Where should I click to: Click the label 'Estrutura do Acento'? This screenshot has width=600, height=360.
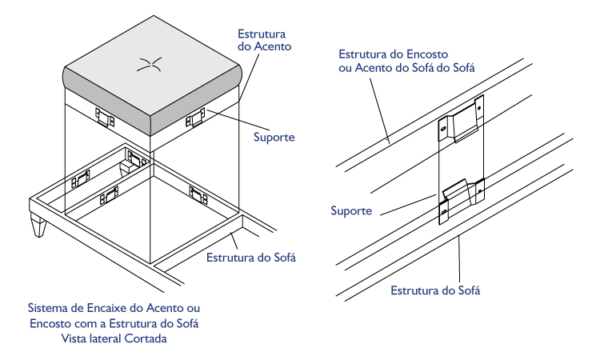click(x=265, y=40)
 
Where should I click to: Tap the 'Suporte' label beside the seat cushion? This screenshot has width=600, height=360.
click(x=274, y=138)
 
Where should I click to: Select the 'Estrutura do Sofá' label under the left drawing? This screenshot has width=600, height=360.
click(x=251, y=258)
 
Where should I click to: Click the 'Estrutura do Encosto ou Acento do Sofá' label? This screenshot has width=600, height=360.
click(x=406, y=61)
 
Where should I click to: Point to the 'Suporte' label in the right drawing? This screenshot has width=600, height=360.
click(x=351, y=210)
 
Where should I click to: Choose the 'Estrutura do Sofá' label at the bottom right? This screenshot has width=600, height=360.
click(x=435, y=290)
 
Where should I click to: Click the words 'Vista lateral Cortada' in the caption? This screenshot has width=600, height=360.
click(x=114, y=338)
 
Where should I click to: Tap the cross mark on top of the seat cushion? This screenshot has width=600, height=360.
click(x=150, y=64)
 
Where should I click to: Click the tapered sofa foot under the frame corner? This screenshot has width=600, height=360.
click(x=38, y=225)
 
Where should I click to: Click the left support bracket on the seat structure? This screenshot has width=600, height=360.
click(x=105, y=117)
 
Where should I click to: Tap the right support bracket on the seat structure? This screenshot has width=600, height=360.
click(x=195, y=118)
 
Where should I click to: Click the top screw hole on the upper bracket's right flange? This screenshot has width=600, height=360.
click(x=478, y=109)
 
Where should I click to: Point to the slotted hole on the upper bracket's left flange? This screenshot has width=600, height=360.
click(x=443, y=130)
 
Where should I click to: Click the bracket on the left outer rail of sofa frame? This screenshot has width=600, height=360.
click(x=81, y=178)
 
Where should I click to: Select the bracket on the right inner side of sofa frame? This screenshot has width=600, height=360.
click(x=198, y=195)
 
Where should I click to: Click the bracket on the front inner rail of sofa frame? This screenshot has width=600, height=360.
click(x=109, y=195)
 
